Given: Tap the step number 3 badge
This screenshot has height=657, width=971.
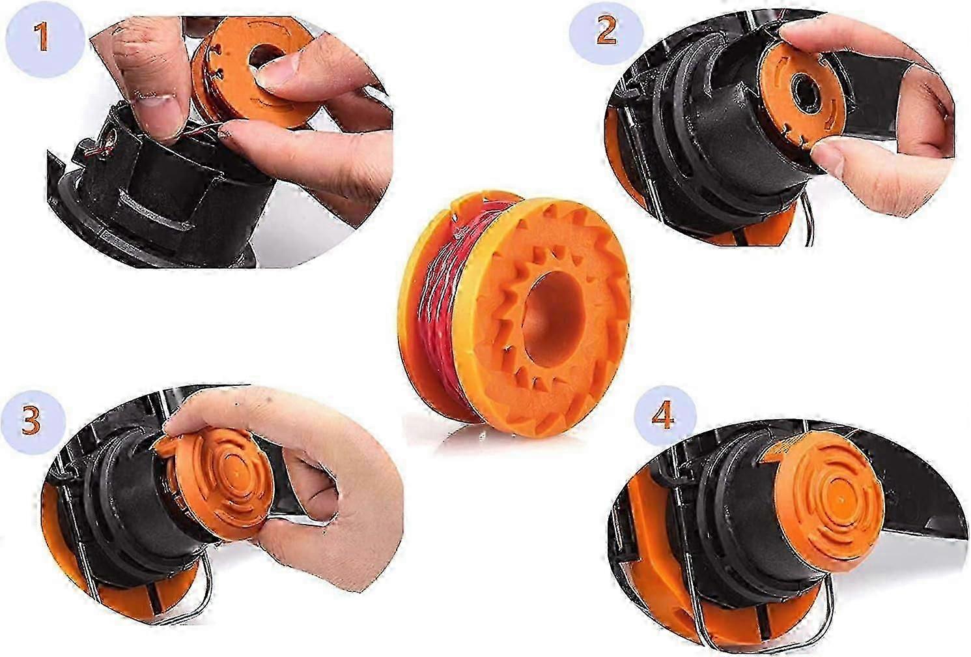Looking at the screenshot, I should (x=31, y=420).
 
